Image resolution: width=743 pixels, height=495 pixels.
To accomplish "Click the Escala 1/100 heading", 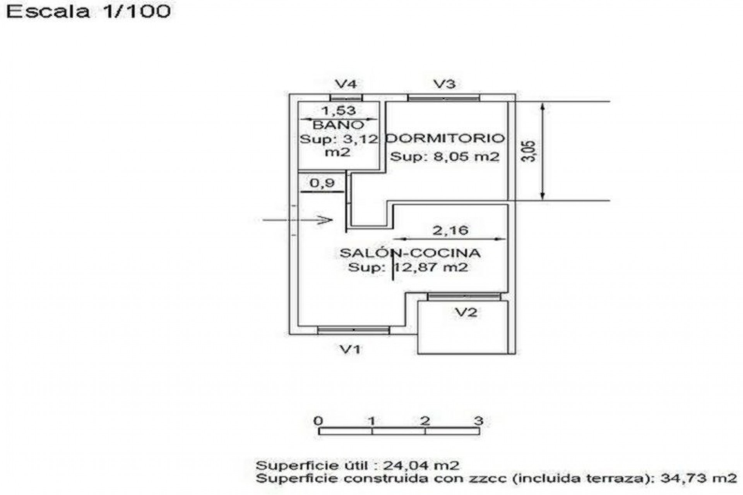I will click(x=88, y=12).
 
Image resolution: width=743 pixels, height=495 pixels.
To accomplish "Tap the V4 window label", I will click(x=346, y=84).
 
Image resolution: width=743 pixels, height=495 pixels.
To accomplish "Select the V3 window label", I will click(x=444, y=84).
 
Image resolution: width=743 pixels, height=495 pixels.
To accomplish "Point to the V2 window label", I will click(x=466, y=312).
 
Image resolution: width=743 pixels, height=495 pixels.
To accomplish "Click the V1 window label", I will click(x=350, y=350).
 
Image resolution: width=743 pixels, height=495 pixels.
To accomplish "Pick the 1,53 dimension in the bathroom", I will click(x=339, y=111).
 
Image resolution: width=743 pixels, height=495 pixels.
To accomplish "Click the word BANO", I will click(x=339, y=125).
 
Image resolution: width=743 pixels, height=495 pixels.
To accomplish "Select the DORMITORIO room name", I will click(x=446, y=138).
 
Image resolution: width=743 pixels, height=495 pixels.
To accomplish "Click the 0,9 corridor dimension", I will click(x=322, y=183).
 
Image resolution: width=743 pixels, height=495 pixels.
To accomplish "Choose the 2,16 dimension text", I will click(x=450, y=230).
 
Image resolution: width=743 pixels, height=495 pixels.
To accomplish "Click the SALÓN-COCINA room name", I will click(x=410, y=253).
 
